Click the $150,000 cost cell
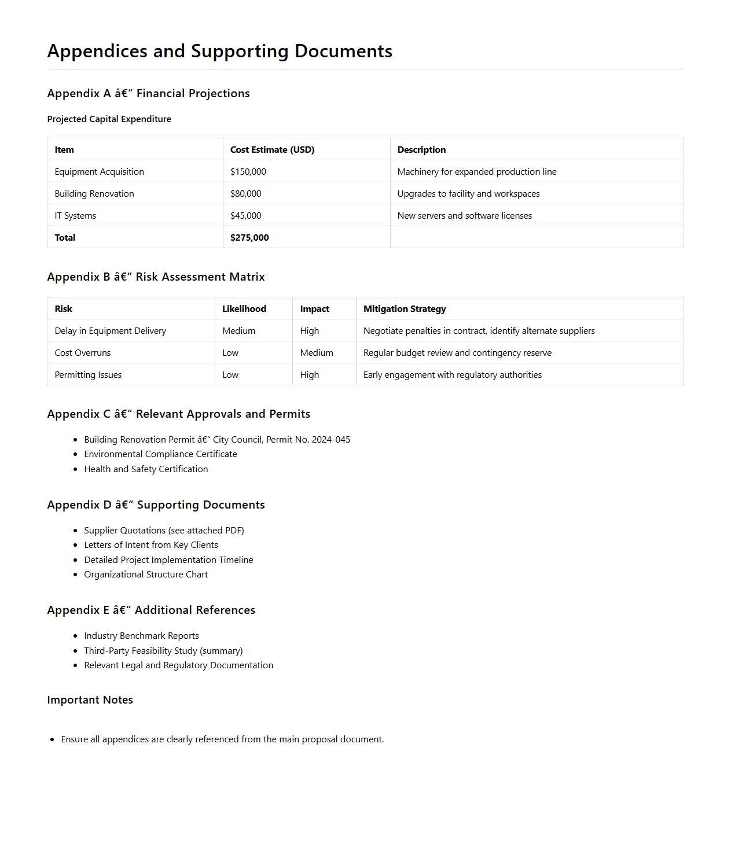[248, 172]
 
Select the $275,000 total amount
[249, 238]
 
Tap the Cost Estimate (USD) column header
[272, 150]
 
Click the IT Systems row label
[75, 216]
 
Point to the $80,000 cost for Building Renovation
[246, 194]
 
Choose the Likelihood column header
[244, 309]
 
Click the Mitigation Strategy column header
[405, 309]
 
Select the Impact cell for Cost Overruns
[317, 353]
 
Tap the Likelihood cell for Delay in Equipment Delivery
[238, 331]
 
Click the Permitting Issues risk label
[88, 375]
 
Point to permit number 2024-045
[330, 440]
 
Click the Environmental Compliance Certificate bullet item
[160, 454]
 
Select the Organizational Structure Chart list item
[146, 575]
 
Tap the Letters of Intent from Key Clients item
[151, 545]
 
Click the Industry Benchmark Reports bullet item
[141, 636]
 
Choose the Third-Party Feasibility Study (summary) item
[163, 651]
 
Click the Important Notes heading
[90, 700]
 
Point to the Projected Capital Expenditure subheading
[109, 119]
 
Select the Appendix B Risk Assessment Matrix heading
[156, 277]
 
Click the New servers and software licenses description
[464, 216]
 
